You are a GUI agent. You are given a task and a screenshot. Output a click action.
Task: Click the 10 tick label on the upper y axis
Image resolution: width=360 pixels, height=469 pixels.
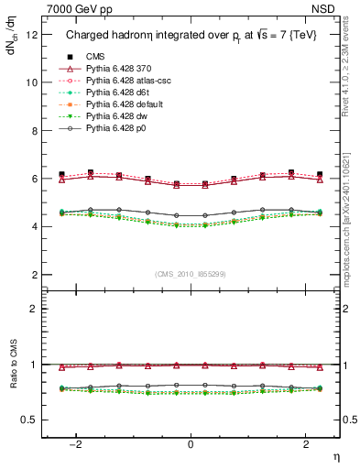32,82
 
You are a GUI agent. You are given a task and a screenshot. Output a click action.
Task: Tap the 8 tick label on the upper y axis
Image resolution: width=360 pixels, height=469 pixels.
35,130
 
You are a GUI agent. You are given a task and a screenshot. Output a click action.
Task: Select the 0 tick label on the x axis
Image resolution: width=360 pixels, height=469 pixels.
191,444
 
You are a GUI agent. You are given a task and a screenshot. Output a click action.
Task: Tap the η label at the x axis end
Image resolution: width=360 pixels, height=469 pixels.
335,455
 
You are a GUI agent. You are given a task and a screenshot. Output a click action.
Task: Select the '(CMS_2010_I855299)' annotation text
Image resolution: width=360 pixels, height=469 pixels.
191,272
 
